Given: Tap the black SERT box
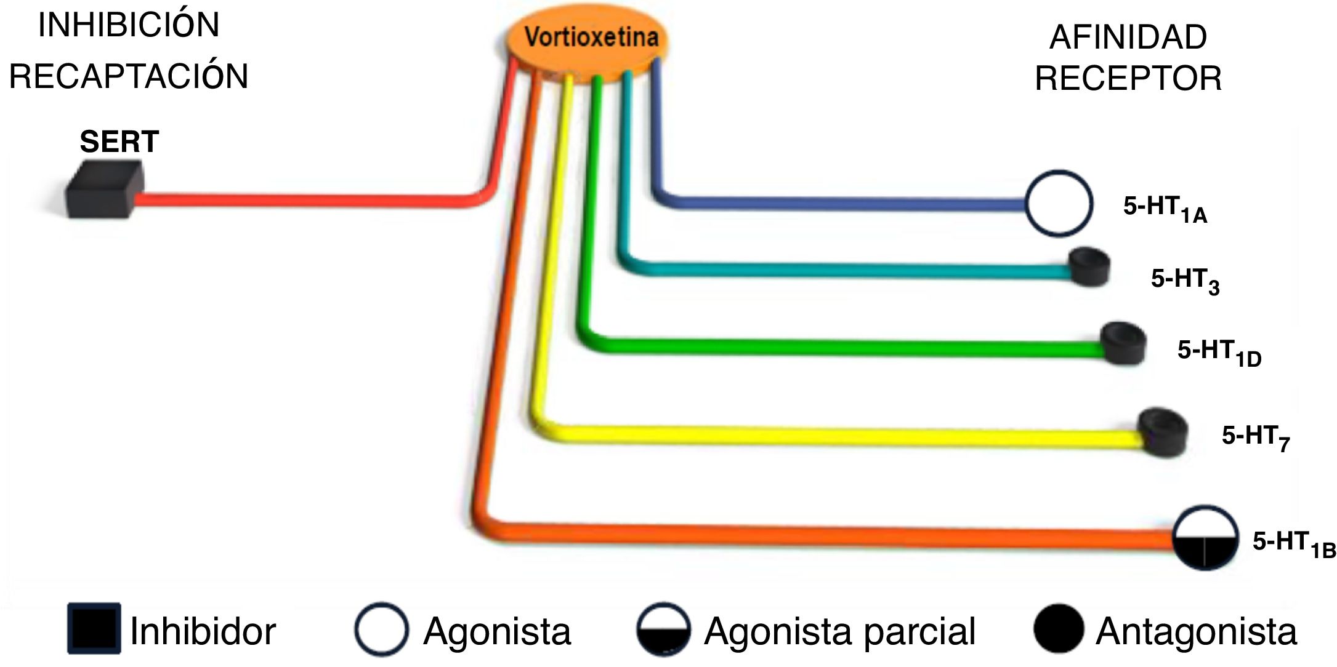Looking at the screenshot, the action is (x=105, y=189).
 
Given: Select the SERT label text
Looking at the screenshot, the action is (x=119, y=142).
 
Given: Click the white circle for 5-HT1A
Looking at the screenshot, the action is (x=1059, y=203).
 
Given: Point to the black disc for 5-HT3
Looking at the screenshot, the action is (x=1089, y=267).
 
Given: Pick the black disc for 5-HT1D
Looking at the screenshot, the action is (x=1123, y=343).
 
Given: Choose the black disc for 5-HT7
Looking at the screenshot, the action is (x=1161, y=432).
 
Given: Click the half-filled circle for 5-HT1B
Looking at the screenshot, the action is (x=1205, y=537).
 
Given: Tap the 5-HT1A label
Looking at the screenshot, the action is (x=1165, y=208).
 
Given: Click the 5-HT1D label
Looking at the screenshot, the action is (x=1219, y=353).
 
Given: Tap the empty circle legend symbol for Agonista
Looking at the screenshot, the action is (x=381, y=629).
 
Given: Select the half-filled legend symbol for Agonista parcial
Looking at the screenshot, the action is (x=663, y=629).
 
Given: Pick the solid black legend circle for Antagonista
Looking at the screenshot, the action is (x=1058, y=629).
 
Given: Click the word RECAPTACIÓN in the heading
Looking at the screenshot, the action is (x=129, y=76).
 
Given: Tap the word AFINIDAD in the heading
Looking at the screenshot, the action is (x=1128, y=38).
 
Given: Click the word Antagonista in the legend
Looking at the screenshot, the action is (x=1196, y=631).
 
